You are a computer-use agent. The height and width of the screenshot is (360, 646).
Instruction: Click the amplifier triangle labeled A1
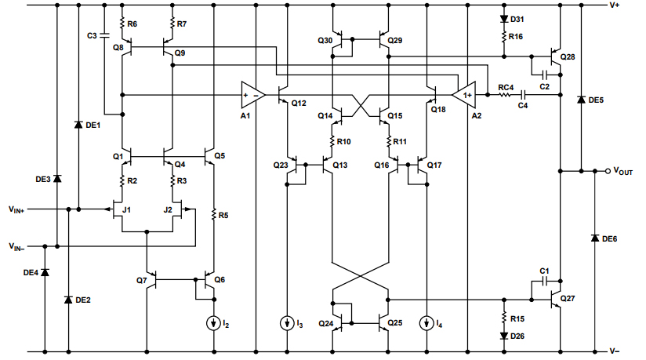[x=252, y=95]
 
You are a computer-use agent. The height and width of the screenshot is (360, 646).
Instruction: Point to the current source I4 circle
[x=427, y=322]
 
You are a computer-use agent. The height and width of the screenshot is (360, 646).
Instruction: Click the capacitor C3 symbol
[x=106, y=36]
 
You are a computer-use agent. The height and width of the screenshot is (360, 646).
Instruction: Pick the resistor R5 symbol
[x=214, y=214]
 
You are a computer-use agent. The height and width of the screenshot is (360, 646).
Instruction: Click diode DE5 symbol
[x=580, y=100]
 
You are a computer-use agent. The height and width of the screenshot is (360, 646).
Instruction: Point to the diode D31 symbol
[x=503, y=19]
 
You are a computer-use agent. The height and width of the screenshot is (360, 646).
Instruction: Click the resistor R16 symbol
[x=503, y=36]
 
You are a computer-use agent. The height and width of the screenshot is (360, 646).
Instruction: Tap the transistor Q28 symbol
[x=557, y=56]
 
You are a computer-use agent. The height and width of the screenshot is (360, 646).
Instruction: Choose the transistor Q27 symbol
[x=557, y=299]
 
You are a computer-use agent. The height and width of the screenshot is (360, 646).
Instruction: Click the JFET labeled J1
[x=118, y=209]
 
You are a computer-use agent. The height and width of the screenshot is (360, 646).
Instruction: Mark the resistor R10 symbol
[x=333, y=142]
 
